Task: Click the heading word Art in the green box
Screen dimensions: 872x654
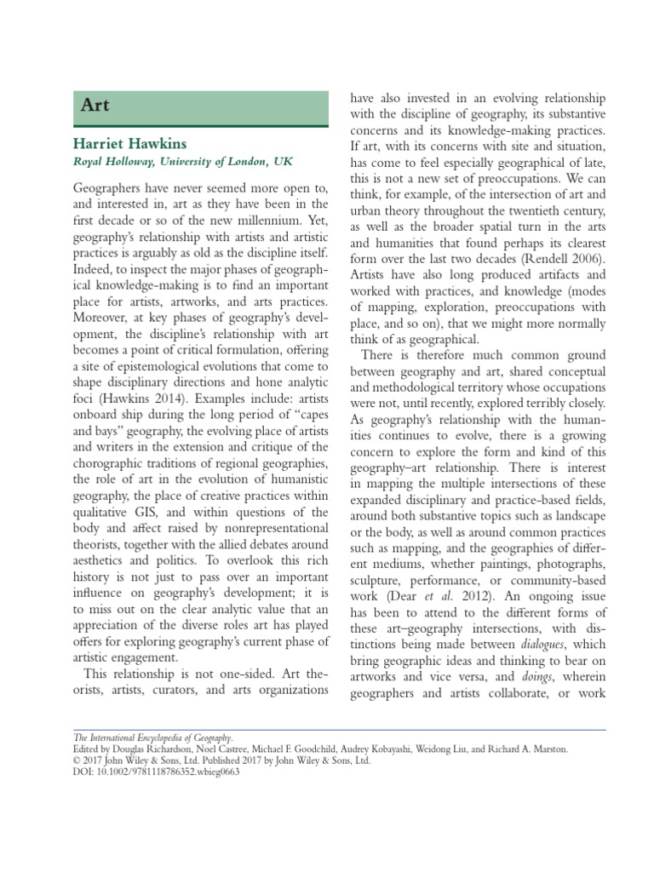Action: [x=95, y=106]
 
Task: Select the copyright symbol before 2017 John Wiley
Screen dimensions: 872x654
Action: [x=77, y=760]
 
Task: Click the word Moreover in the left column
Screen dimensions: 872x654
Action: [x=103, y=317]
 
